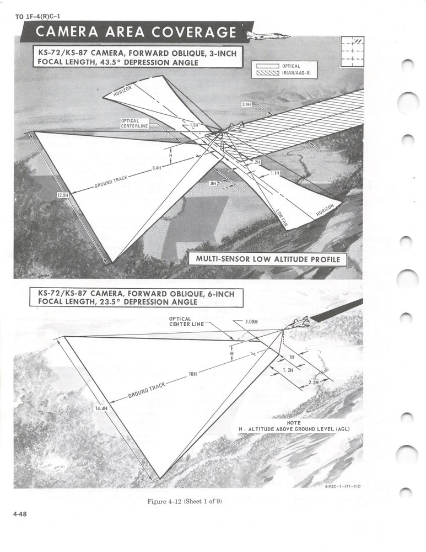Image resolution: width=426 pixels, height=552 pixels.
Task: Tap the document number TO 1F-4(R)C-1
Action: [38, 16]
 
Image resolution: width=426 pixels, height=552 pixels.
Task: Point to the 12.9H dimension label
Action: [64, 195]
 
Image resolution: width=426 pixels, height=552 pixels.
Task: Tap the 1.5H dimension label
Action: [193, 125]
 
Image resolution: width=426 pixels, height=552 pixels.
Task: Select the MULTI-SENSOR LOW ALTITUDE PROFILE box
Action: [267, 259]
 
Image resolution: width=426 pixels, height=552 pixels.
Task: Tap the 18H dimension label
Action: [192, 374]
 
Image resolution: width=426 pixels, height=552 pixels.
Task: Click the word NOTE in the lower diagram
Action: [294, 423]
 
